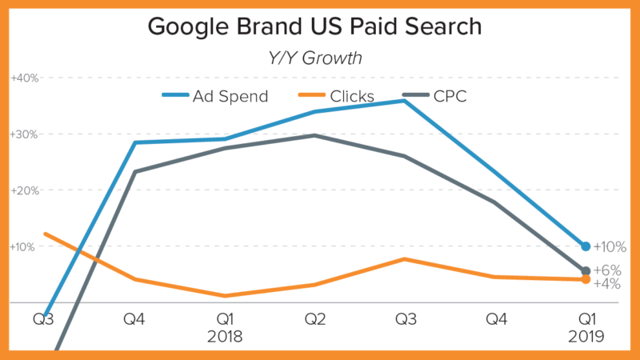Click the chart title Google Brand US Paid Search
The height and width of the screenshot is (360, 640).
click(314, 26)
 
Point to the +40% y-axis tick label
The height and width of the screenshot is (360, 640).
click(24, 78)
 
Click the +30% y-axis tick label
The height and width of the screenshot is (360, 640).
click(24, 134)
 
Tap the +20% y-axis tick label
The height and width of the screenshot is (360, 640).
click(24, 190)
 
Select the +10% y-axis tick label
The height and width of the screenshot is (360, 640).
click(24, 246)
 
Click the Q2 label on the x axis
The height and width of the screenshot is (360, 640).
click(315, 321)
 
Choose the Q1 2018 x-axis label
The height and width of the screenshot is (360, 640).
click(224, 328)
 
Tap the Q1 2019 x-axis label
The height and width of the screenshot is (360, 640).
click(586, 328)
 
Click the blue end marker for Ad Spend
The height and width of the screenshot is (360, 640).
click(586, 246)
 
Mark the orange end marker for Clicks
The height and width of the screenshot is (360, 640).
click(586, 279)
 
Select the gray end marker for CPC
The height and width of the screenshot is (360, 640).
click(586, 270)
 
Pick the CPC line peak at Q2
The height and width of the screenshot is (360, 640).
click(315, 135)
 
